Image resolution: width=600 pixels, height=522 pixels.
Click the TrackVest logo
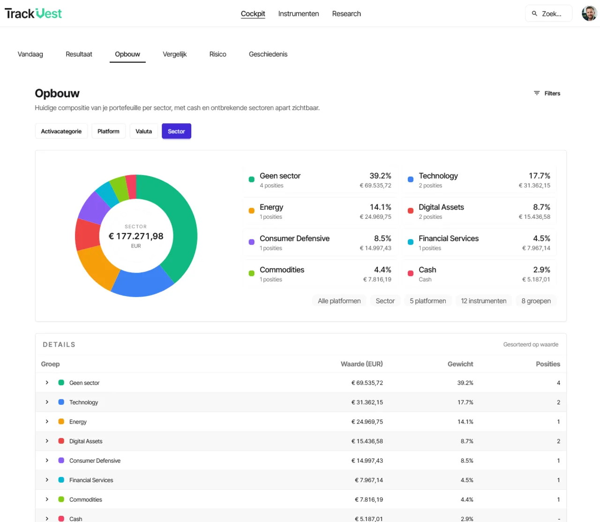click(x=33, y=14)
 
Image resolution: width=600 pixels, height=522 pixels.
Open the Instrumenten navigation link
click(x=298, y=14)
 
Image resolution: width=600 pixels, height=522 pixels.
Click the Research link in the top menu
click(x=346, y=14)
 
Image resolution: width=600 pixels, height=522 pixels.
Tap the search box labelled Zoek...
click(x=548, y=14)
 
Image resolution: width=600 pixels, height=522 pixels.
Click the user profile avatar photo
click(x=589, y=14)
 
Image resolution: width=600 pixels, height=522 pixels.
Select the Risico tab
click(x=217, y=54)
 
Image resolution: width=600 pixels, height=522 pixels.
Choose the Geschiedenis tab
click(x=268, y=54)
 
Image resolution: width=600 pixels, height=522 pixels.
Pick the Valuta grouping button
click(x=144, y=131)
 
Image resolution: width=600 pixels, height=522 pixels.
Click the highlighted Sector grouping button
click(x=176, y=131)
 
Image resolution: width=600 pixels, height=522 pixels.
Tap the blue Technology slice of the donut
click(x=142, y=282)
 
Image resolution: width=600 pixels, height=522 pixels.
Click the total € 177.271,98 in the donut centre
click(x=136, y=236)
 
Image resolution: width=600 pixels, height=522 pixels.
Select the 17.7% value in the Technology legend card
click(x=539, y=176)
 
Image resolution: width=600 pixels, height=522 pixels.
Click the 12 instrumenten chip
click(x=484, y=301)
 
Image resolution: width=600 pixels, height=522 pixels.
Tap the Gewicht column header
click(x=460, y=364)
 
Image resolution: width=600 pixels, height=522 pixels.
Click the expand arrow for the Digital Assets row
click(x=47, y=441)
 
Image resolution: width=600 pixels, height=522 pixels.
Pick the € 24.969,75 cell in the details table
click(x=367, y=421)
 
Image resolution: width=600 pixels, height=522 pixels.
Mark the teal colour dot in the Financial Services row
click(x=61, y=480)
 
